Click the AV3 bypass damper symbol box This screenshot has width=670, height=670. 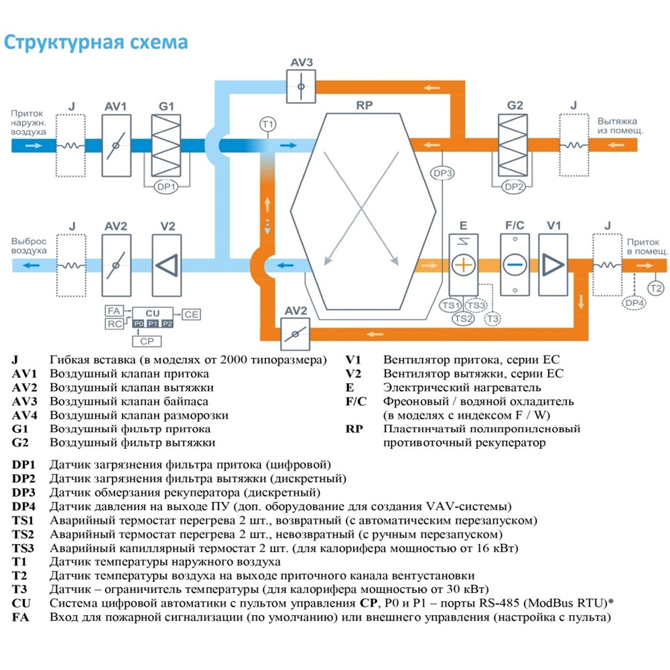[301, 86]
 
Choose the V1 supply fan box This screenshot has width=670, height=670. [553, 265]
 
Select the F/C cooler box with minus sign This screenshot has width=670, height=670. [515, 265]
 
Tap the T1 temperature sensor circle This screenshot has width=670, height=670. [267, 125]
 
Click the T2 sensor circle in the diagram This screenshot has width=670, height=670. [656, 288]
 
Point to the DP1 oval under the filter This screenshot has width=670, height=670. [165, 187]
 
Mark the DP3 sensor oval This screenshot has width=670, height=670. [443, 174]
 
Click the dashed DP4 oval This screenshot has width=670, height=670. [634, 304]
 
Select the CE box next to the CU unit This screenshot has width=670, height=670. [191, 314]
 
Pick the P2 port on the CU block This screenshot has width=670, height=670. [167, 324]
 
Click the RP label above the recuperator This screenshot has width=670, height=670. [364, 105]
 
